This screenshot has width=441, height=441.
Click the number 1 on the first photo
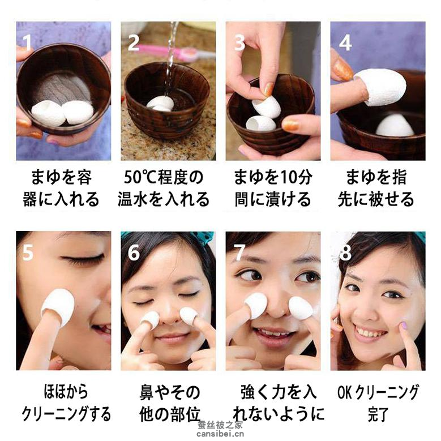pos(27,43)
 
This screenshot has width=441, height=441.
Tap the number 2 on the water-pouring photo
pos(133,43)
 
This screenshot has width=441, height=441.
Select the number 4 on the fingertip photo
pos(345,43)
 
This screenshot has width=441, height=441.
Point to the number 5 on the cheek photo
pos(28,252)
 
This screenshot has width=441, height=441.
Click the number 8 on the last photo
pos(345,252)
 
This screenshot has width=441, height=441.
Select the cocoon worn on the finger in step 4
pos(372,87)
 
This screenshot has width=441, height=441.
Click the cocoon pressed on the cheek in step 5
pos(58,307)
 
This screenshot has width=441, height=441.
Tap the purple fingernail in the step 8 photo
pos(404,326)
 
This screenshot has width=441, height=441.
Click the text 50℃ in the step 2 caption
pos(140,177)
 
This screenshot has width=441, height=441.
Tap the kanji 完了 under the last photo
pos(378,414)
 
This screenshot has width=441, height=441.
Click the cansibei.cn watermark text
pos(220,434)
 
